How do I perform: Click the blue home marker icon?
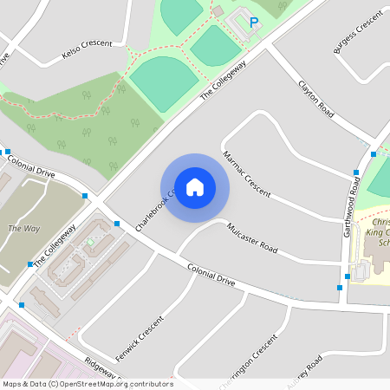[x=195, y=186]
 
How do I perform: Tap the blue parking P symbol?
[x=254, y=23]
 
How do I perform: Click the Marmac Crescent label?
[x=246, y=173]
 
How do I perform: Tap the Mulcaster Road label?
[x=252, y=238]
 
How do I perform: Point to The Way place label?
[x=23, y=229]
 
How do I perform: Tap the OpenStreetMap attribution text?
[x=88, y=384]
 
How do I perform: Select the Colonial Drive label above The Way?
[x=30, y=163]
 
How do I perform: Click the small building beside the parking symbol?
[x=218, y=10]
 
